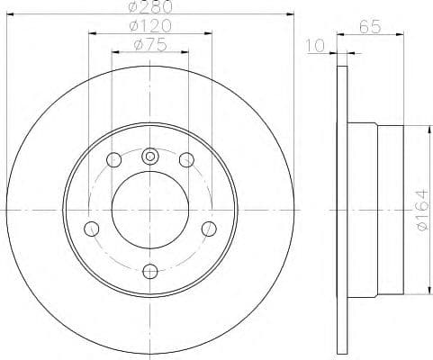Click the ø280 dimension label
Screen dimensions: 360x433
coord(149,7)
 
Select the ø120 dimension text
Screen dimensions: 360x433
coord(149,26)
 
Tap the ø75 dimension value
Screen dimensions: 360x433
coord(149,45)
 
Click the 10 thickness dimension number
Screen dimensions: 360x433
coord(314,45)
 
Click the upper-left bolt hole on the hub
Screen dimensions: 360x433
coord(113,160)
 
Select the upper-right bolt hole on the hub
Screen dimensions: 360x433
coord(186,160)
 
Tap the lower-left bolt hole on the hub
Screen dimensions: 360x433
coord(91,227)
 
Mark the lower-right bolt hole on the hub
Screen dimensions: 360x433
coord(209,227)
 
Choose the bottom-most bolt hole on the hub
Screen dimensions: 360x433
coord(150,268)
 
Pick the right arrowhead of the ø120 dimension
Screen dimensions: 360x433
coord(208,34)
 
